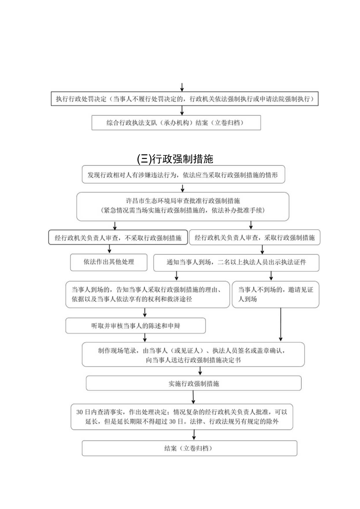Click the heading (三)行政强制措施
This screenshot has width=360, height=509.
coord(175,159)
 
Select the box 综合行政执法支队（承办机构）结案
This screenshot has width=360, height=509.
coord(176,122)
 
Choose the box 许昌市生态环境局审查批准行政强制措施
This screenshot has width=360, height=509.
coord(183,206)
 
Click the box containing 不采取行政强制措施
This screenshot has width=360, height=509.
coord(118,237)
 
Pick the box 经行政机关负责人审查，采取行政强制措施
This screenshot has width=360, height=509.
coord(254,237)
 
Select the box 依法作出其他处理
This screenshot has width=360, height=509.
coord(109,262)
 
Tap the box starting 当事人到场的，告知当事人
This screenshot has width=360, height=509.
coord(148,294)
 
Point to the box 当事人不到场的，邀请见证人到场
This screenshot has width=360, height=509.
coord(275,294)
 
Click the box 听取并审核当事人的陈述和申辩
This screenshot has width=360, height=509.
coord(135,326)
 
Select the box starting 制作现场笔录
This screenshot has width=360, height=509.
coord(193,354)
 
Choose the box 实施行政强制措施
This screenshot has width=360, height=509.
coord(193,383)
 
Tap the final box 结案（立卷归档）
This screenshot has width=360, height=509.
coord(189,448)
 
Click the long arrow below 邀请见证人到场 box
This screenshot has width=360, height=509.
coord(281,324)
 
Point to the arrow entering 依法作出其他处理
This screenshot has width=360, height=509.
coord(109,249)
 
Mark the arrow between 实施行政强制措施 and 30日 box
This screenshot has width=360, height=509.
coord(193,397)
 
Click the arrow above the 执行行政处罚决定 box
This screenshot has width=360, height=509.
coord(182,87)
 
